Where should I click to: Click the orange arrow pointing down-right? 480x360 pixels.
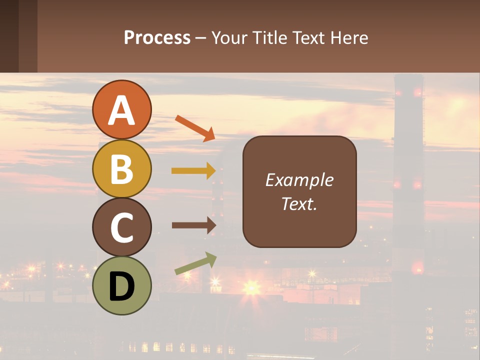point(195,128)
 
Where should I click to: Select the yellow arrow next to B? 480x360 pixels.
point(193,171)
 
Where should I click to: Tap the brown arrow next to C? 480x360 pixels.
point(193,225)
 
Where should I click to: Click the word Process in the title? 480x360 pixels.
point(157,38)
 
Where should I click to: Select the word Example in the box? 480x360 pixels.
point(299,180)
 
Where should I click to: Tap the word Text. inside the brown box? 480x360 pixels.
point(299,203)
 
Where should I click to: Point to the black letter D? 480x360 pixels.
point(121,286)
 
